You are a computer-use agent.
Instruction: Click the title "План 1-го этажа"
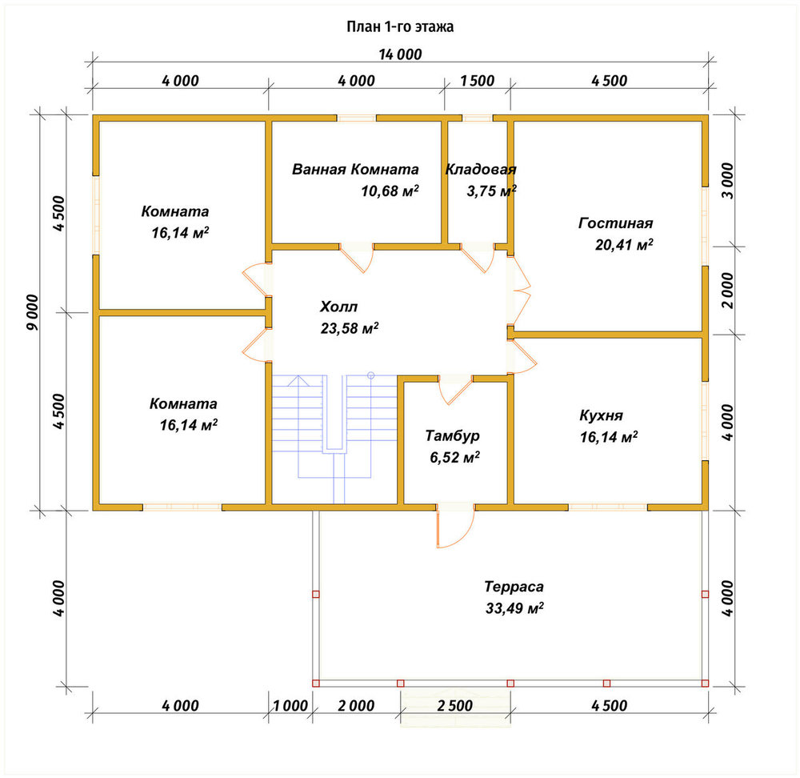pyautogui.click(x=400, y=26)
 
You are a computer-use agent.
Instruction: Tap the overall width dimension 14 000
pyautogui.click(x=401, y=54)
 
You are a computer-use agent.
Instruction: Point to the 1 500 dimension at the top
pyautogui.click(x=477, y=81)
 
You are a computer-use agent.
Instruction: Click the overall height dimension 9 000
pyautogui.click(x=32, y=312)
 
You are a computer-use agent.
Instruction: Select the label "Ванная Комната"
pyautogui.click(x=355, y=169)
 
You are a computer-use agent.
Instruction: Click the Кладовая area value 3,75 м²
pyautogui.click(x=491, y=191)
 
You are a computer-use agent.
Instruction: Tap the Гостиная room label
pyautogui.click(x=615, y=223)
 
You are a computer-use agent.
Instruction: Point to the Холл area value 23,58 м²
pyautogui.click(x=350, y=327)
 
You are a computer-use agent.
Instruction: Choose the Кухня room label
pyautogui.click(x=601, y=415)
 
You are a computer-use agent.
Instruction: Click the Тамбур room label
pyautogui.click(x=453, y=435)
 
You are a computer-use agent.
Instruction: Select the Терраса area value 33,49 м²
pyautogui.click(x=514, y=608)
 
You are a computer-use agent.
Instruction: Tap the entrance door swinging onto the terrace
pyautogui.click(x=455, y=526)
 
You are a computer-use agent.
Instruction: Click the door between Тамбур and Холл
pyautogui.click(x=455, y=391)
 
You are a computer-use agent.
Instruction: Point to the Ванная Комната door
pyautogui.click(x=357, y=259)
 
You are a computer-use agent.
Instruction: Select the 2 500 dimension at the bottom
pyautogui.click(x=454, y=705)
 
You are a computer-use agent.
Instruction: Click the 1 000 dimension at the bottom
pyautogui.click(x=290, y=705)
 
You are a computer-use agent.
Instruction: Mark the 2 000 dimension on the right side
pyautogui.click(x=727, y=290)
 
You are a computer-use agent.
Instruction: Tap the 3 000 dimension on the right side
pyautogui.click(x=727, y=181)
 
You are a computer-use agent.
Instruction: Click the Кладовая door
pyautogui.click(x=478, y=259)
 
